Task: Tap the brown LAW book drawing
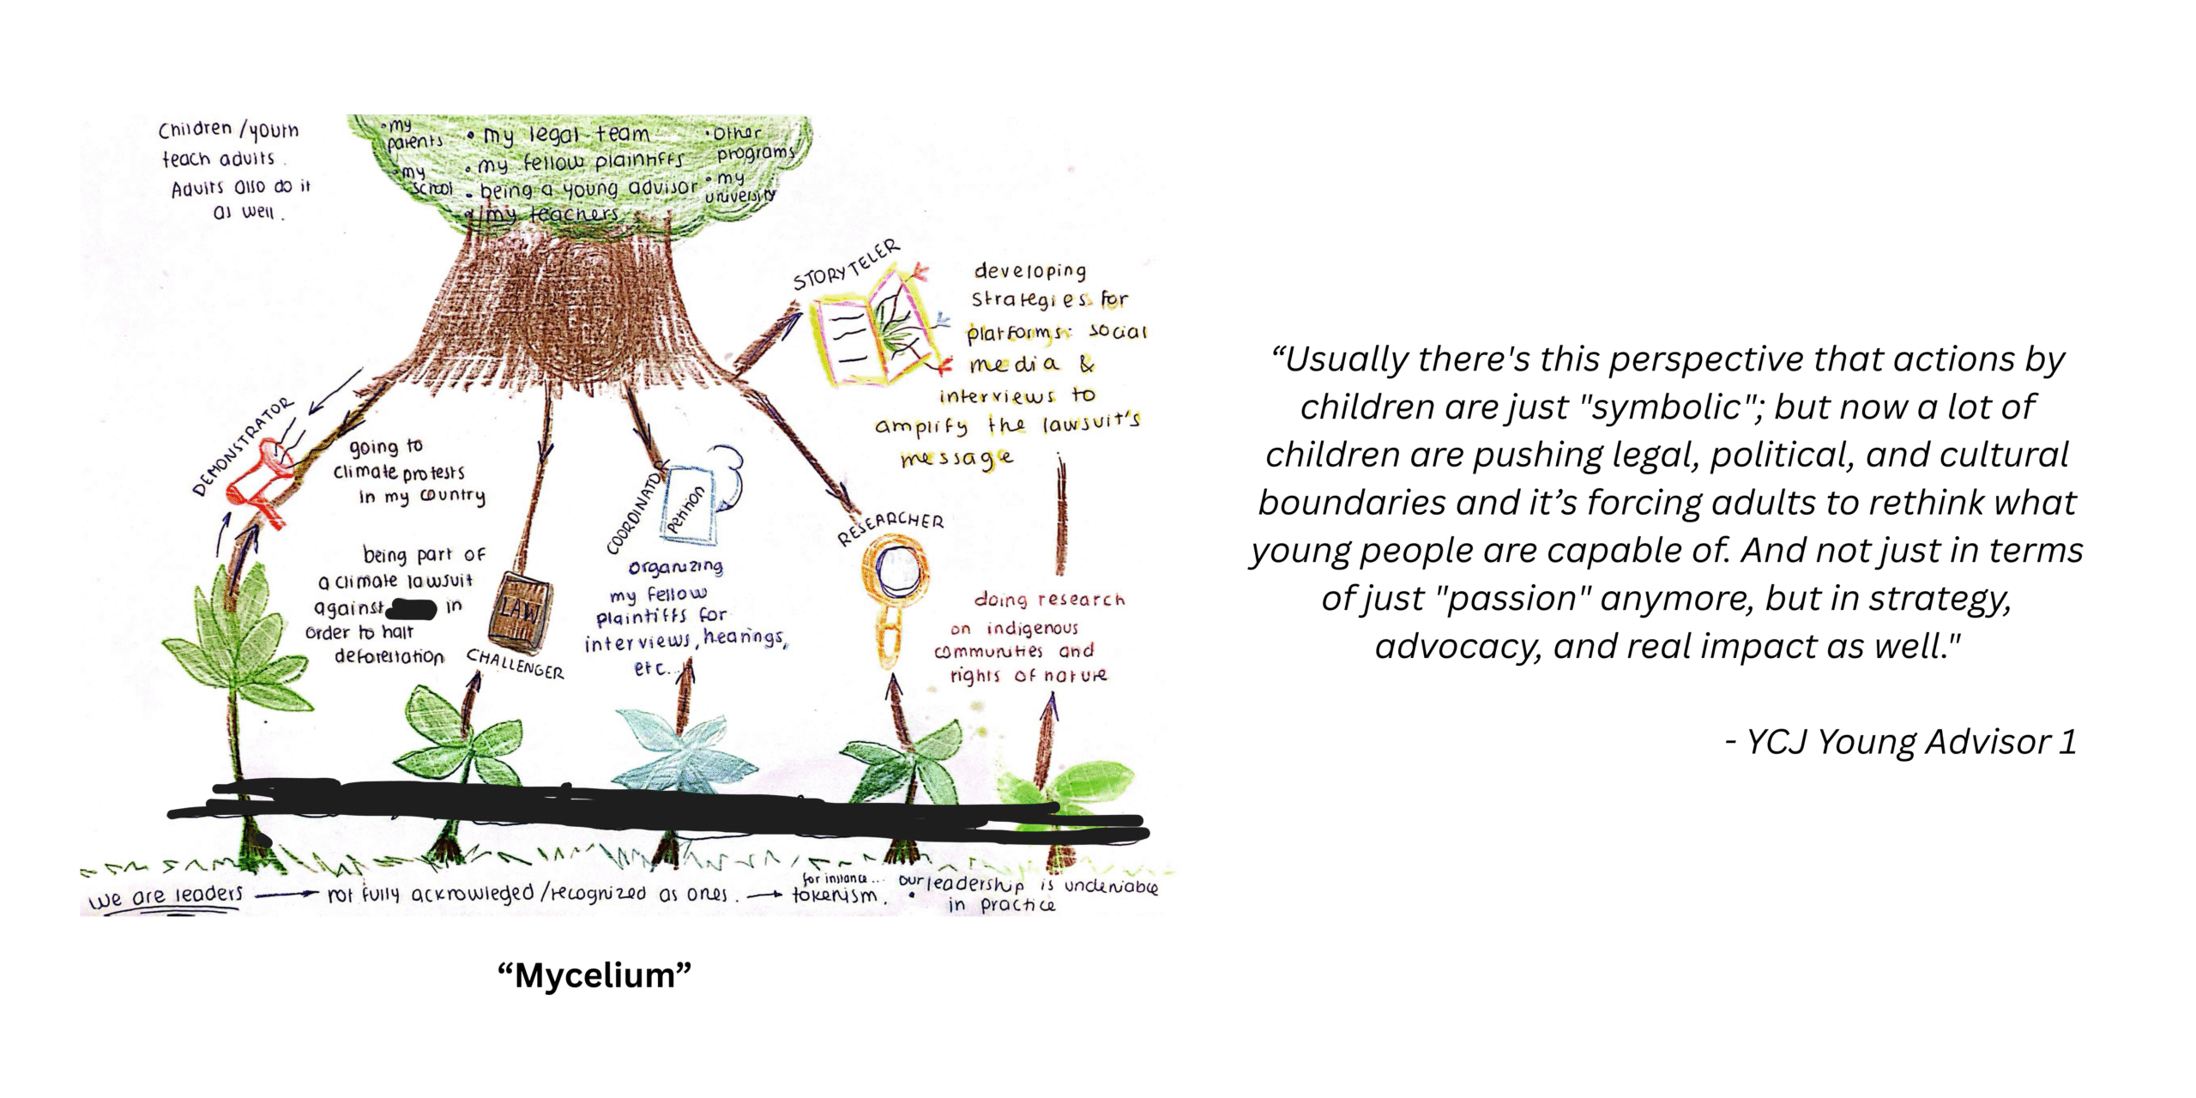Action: (x=520, y=613)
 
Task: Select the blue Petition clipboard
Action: (x=691, y=506)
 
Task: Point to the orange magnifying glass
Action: (x=895, y=592)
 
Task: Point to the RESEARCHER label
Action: (x=890, y=527)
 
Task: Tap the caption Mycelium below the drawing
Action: (x=594, y=975)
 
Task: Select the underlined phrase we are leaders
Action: (x=166, y=896)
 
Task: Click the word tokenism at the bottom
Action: (x=835, y=896)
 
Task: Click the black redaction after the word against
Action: (x=413, y=609)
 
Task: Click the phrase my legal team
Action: (x=566, y=136)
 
